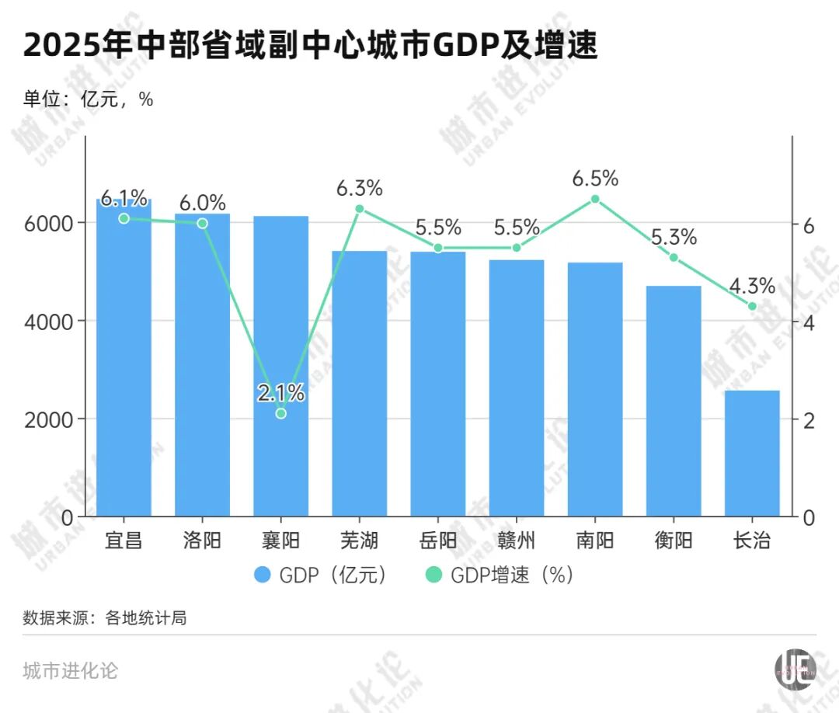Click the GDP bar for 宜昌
tap(124, 357)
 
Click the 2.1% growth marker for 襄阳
tap(281, 413)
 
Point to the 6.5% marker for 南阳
tap(595, 199)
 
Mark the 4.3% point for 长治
tap(752, 306)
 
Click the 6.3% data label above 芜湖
tap(360, 188)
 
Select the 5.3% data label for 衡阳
tap(674, 238)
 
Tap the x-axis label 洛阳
tap(202, 541)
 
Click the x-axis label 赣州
tap(517, 541)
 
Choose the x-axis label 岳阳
tap(437, 541)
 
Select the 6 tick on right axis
tap(809, 225)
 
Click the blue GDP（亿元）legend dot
tap(263, 576)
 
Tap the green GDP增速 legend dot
tap(433, 576)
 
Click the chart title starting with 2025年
tap(311, 47)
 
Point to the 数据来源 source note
tap(105, 619)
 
